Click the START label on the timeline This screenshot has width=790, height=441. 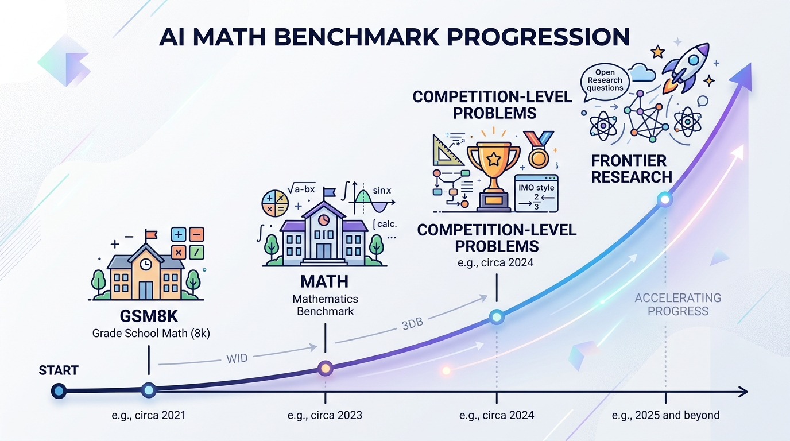(58, 370)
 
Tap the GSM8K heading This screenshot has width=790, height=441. (148, 316)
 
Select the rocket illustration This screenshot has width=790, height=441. (686, 65)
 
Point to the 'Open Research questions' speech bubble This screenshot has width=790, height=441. (605, 80)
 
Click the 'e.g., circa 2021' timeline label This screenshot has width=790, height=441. (149, 415)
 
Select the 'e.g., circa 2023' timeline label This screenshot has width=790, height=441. (326, 415)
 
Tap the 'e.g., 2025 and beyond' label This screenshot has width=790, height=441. (665, 415)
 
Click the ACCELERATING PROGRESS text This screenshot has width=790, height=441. (677, 304)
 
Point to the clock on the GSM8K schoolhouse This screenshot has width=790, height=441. (146, 264)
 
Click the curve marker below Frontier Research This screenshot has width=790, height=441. (665, 200)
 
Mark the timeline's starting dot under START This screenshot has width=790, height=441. (59, 392)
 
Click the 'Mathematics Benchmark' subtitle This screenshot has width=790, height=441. (325, 305)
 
